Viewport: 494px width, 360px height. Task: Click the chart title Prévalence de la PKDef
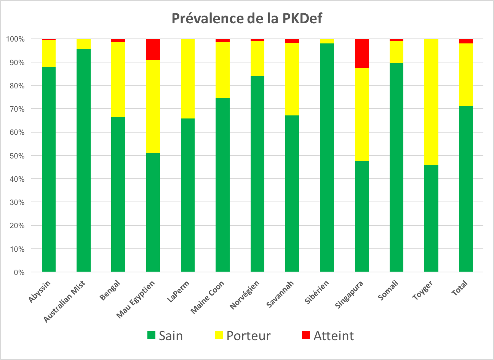click(247, 18)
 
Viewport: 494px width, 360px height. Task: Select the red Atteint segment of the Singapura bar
click(361, 53)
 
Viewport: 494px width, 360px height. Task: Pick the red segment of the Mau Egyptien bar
click(153, 50)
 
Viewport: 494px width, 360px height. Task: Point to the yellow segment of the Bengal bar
click(118, 79)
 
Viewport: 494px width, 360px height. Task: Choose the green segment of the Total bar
click(466, 189)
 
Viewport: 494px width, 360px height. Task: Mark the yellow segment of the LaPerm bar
click(188, 78)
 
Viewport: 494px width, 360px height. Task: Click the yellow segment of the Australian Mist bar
click(83, 44)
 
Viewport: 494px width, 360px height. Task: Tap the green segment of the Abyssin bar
click(49, 169)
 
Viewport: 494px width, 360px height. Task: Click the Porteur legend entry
click(243, 336)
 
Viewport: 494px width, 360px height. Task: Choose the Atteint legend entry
click(328, 336)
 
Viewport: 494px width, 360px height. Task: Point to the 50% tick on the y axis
click(16, 156)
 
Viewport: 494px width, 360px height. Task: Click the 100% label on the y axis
click(15, 39)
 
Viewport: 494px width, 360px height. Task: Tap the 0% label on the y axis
click(19, 272)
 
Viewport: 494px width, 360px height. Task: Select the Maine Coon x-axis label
click(208, 297)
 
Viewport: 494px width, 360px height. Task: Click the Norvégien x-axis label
click(245, 295)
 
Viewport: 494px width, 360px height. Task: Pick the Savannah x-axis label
click(280, 294)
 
